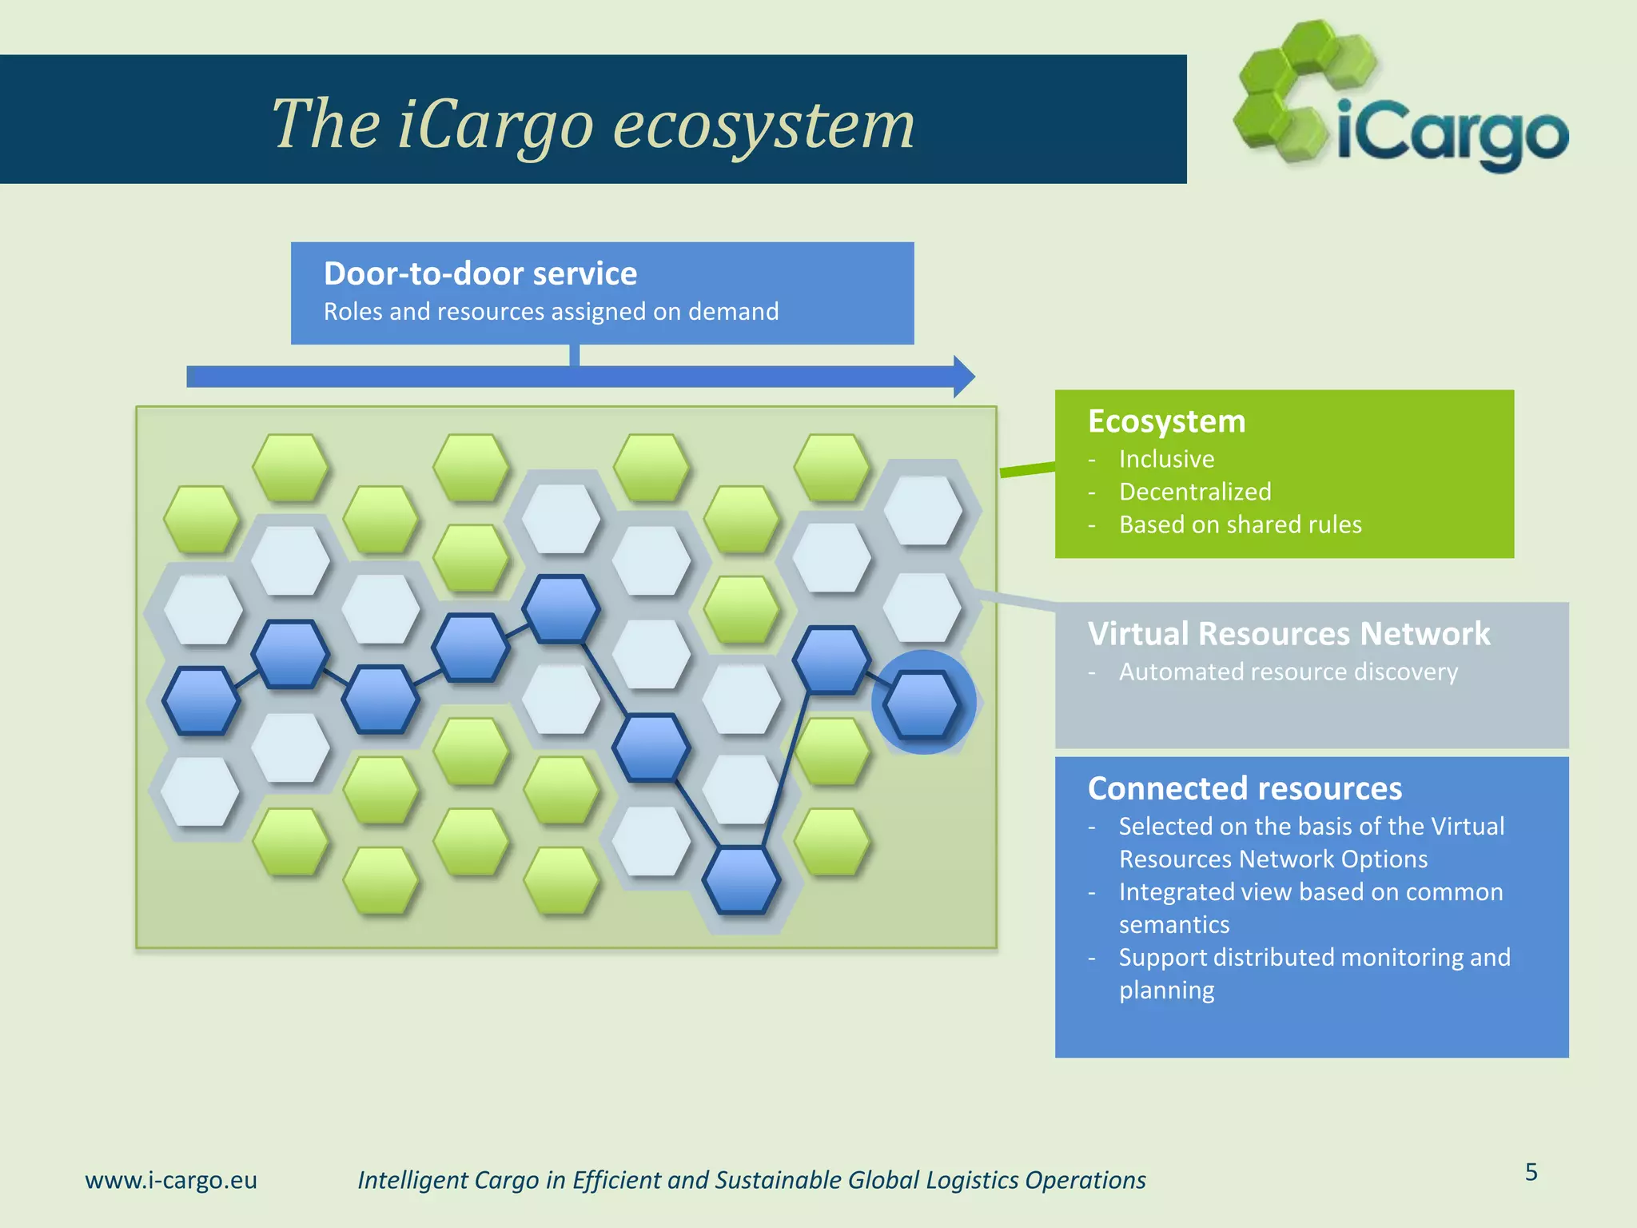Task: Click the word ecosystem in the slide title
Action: click(763, 126)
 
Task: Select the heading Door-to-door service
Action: click(480, 274)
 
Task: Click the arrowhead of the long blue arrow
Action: click(964, 377)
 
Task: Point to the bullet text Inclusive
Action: click(1166, 459)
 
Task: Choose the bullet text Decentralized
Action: click(1194, 492)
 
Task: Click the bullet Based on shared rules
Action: click(1240, 524)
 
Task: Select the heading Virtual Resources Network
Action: click(1288, 633)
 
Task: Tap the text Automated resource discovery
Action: click(1288, 672)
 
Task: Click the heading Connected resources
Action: click(1244, 788)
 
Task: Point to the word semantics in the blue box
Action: click(1173, 925)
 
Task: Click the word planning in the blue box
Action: click(1166, 991)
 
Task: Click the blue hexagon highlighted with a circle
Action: click(923, 704)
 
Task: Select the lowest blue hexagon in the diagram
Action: click(742, 879)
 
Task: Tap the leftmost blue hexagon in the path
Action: click(201, 700)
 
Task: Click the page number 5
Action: click(1531, 1172)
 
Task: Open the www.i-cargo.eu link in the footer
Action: click(171, 1180)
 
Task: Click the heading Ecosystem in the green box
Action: click(1166, 421)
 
